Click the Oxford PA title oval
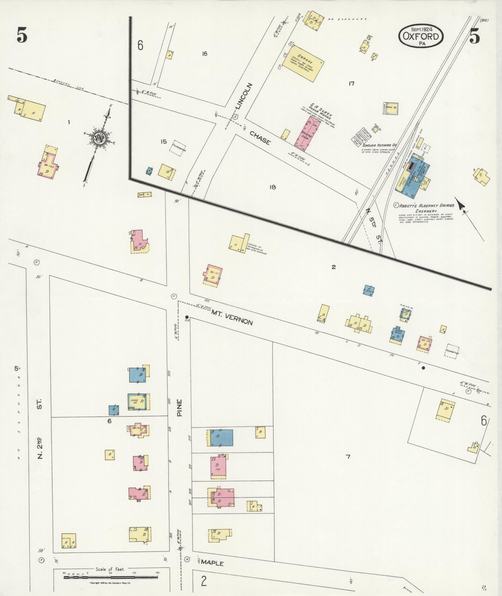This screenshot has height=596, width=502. pos(421,36)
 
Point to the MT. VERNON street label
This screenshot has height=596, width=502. pos(232,318)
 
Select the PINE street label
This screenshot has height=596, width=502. pos(180,408)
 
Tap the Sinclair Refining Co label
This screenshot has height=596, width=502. pos(378,145)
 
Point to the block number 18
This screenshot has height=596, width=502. pos(273,187)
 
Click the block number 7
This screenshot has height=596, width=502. pos(348,457)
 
